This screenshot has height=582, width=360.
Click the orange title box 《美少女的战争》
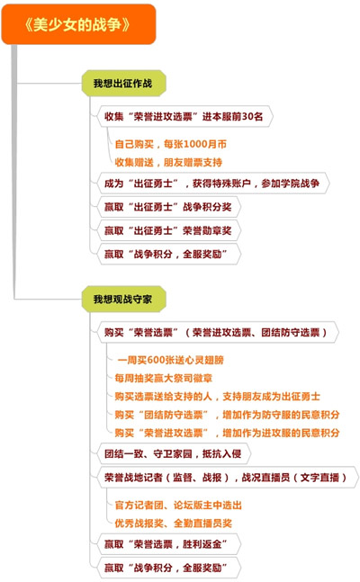pyautogui.click(x=78, y=24)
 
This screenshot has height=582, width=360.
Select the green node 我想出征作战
pyautogui.click(x=123, y=83)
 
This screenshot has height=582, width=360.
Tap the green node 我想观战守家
pyautogui.click(x=123, y=300)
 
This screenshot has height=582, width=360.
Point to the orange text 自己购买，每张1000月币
pyautogui.click(x=170, y=144)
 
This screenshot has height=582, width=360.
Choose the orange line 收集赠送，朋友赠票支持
pyautogui.click(x=168, y=162)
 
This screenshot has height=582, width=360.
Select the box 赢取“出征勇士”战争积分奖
pyautogui.click(x=168, y=207)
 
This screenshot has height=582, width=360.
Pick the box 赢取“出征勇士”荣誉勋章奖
pyautogui.click(x=168, y=230)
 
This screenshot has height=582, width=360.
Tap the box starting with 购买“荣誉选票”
pyautogui.click(x=218, y=332)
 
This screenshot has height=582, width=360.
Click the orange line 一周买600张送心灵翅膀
pyautogui.click(x=170, y=360)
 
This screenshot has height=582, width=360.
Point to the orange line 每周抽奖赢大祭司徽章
pyautogui.click(x=164, y=378)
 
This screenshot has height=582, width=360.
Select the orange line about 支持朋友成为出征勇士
pyautogui.click(x=217, y=397)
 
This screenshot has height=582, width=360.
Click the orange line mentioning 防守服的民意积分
pyautogui.click(x=227, y=415)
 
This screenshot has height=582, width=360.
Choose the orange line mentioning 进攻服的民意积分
pyautogui.click(x=227, y=433)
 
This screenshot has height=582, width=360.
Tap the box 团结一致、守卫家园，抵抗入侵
pyautogui.click(x=174, y=453)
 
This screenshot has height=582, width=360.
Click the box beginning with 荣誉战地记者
pyautogui.click(x=228, y=478)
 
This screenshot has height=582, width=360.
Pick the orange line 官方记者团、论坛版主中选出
pyautogui.click(x=178, y=506)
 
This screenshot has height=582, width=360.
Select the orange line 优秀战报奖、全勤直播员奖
pyautogui.click(x=173, y=524)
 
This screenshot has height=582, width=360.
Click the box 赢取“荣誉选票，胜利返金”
pyautogui.click(x=168, y=544)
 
